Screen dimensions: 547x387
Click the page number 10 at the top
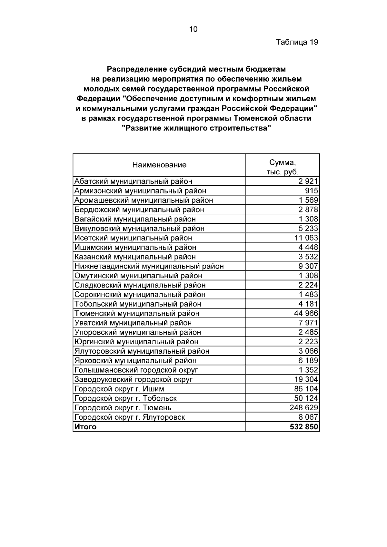(193, 29)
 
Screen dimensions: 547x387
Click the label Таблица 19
(297, 42)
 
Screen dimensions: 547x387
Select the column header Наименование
(159, 165)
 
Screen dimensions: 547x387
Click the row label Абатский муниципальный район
(133, 181)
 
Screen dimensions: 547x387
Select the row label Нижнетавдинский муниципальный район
(149, 266)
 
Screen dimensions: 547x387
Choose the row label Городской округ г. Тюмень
(123, 408)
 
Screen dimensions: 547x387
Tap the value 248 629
(304, 408)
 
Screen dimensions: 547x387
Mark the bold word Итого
(85, 427)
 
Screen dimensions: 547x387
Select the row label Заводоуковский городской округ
(133, 379)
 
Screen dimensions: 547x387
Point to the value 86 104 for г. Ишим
(306, 389)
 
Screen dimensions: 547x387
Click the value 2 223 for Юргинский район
(308, 342)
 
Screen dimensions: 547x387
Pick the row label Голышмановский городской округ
(136, 370)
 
